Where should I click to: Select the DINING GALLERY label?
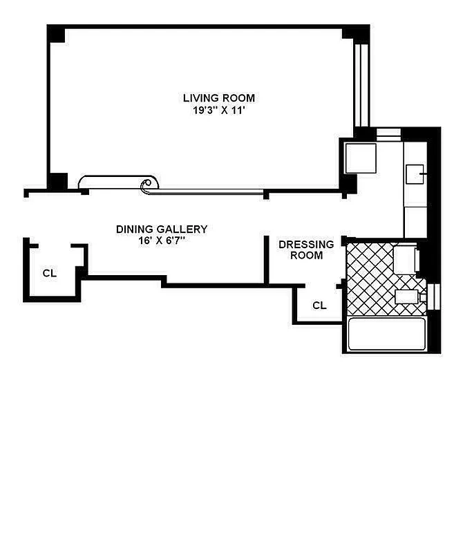[161, 229]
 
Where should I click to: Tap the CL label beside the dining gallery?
[49, 273]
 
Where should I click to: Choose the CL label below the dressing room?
[319, 305]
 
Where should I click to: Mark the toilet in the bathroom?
[407, 298]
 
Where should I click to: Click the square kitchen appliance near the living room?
[360, 158]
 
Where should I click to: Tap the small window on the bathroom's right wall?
[435, 296]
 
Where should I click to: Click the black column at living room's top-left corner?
[56, 34]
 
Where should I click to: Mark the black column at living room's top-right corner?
[357, 33]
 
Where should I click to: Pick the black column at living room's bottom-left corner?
[57, 181]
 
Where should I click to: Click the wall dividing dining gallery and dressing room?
[267, 260]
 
